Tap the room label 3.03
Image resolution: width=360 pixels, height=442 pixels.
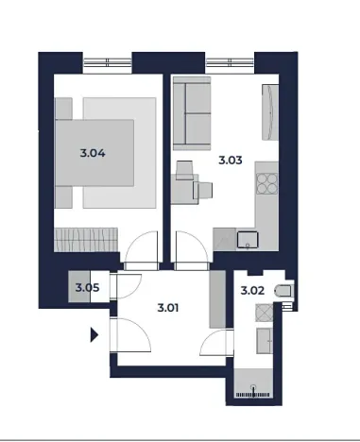click(x=231, y=160)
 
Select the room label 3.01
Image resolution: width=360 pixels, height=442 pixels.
click(x=171, y=305)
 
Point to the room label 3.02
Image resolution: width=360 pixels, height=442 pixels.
click(x=252, y=292)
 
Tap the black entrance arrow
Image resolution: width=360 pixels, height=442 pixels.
click(x=94, y=332)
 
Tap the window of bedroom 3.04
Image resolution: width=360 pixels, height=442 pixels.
click(x=106, y=64)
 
